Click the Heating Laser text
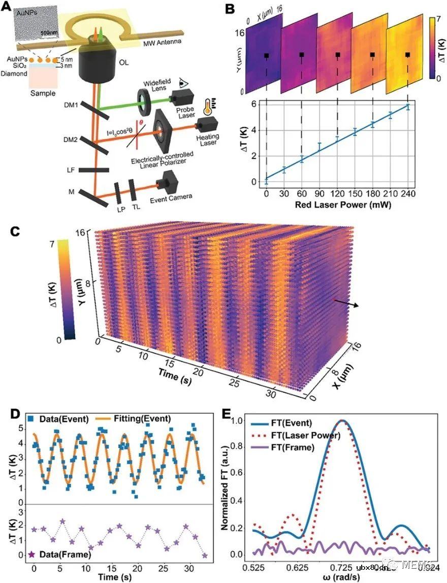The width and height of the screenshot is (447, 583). click(204, 140)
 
